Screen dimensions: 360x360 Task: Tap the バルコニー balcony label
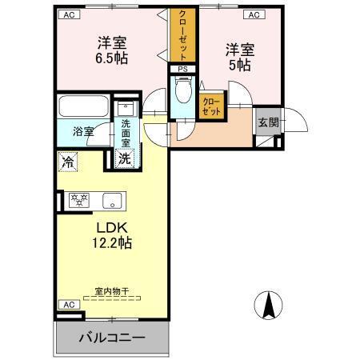[x=111, y=338]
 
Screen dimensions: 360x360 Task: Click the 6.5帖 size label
[x=113, y=58]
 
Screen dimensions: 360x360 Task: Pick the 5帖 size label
[x=239, y=66]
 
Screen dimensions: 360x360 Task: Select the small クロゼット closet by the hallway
[x=212, y=106]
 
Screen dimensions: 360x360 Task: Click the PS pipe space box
[x=183, y=69]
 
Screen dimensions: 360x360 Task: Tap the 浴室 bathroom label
[x=83, y=131]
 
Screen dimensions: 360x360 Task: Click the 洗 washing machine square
[x=125, y=158]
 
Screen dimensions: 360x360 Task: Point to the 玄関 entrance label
[x=266, y=122]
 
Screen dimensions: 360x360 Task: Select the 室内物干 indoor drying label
[x=111, y=294]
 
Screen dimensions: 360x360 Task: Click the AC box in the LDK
[x=69, y=305]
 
